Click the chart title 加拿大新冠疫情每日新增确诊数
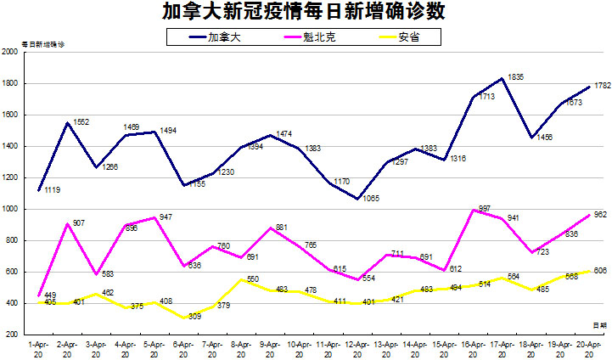pos(306,12)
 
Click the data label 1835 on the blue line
pos(515,77)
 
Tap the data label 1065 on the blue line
pos(370,198)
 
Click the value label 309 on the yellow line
pos(196,315)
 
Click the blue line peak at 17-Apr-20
pos(503,78)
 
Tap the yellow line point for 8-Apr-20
pos(242,279)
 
